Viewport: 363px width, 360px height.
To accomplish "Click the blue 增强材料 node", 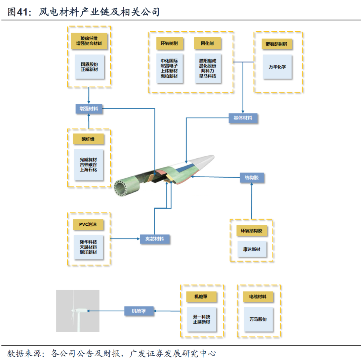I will tap(89, 109).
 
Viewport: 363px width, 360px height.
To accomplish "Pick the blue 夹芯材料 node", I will tap(155, 239).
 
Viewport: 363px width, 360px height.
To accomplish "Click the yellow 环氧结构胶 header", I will tap(251, 231).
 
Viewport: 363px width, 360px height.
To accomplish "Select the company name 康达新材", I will tap(251, 250).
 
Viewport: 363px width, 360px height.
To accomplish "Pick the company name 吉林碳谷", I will tap(88, 165).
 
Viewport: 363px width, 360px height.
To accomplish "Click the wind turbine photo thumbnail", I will tap(78, 311).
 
